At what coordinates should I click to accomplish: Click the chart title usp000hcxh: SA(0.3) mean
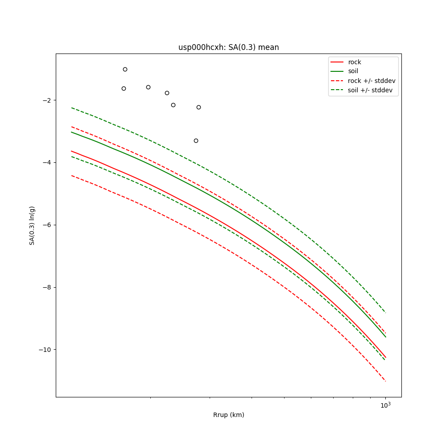(228, 47)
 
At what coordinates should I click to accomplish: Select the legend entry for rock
(355, 62)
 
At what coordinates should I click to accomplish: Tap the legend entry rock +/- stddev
(372, 81)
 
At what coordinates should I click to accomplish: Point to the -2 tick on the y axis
(46, 100)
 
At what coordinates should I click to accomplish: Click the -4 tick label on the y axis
(46, 162)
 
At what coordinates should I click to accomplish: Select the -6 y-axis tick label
(46, 225)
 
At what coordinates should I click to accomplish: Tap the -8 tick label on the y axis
(46, 287)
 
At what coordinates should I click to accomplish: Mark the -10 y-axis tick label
(45, 350)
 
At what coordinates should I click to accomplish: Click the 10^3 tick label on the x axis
(385, 405)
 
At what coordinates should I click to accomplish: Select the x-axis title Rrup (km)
(228, 415)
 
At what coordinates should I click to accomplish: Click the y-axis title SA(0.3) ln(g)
(32, 225)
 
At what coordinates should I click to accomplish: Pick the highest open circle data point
(125, 69)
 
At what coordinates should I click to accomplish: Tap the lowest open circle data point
(196, 140)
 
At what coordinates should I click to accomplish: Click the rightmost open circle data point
(198, 107)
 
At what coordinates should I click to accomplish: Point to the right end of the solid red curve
(385, 357)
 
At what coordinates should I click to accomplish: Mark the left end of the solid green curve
(71, 132)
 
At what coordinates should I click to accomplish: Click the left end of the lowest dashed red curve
(71, 176)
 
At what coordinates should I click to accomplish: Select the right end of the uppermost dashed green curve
(385, 313)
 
